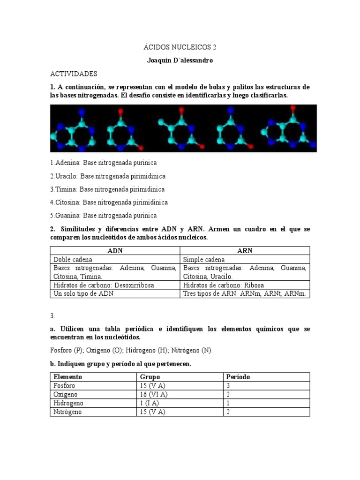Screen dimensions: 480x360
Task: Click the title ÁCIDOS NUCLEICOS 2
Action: (180, 47)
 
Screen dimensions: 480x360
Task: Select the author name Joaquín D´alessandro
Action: (180, 61)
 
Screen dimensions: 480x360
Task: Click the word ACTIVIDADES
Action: (74, 74)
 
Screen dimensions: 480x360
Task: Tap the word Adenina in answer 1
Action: (67, 163)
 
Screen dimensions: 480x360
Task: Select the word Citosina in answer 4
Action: (68, 202)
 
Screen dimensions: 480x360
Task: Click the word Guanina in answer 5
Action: (68, 216)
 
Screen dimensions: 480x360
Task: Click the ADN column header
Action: (115, 251)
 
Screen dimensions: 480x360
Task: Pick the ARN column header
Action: (245, 251)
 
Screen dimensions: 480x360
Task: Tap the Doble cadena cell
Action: (73, 259)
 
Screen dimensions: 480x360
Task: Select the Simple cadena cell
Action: (204, 259)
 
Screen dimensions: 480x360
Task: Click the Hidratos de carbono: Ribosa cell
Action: (224, 285)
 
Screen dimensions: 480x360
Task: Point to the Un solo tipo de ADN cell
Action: (83, 293)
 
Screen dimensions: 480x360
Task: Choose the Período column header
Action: (238, 377)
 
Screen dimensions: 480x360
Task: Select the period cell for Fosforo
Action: (228, 386)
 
